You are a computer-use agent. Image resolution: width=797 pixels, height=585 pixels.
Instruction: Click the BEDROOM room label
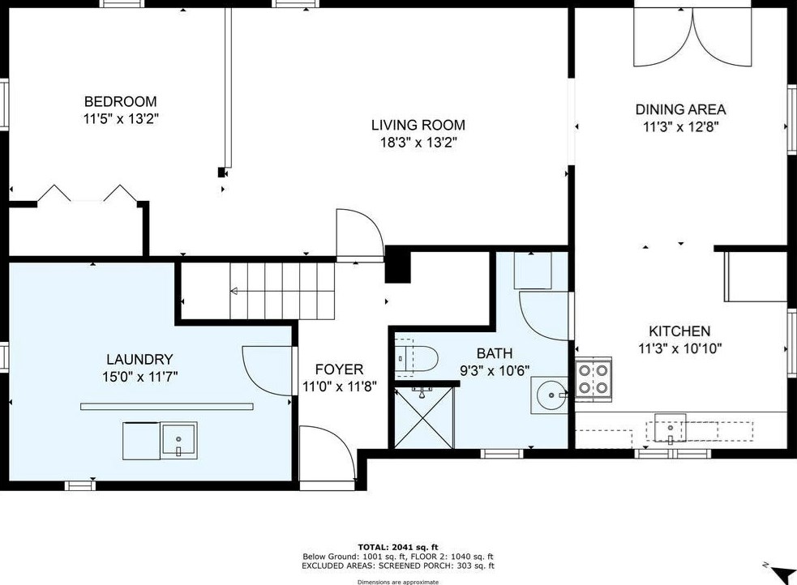click(121, 101)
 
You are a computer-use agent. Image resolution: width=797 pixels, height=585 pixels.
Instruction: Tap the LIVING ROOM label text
click(418, 125)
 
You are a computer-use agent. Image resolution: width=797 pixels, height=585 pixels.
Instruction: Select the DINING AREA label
click(680, 109)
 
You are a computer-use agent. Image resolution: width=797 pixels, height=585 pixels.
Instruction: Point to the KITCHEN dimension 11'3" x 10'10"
click(679, 349)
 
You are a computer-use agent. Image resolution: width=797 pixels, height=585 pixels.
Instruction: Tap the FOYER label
click(339, 369)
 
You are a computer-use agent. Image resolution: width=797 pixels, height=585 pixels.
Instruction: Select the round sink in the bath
click(550, 395)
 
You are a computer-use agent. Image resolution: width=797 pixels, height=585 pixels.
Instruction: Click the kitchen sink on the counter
click(670, 428)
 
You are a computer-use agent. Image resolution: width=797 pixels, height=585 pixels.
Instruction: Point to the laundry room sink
click(179, 440)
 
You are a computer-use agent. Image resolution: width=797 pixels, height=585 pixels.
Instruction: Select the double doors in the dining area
click(692, 36)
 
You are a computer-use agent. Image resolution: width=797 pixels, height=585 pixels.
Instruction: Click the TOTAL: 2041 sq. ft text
click(398, 547)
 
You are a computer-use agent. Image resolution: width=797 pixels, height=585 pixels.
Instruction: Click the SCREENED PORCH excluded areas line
click(398, 566)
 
